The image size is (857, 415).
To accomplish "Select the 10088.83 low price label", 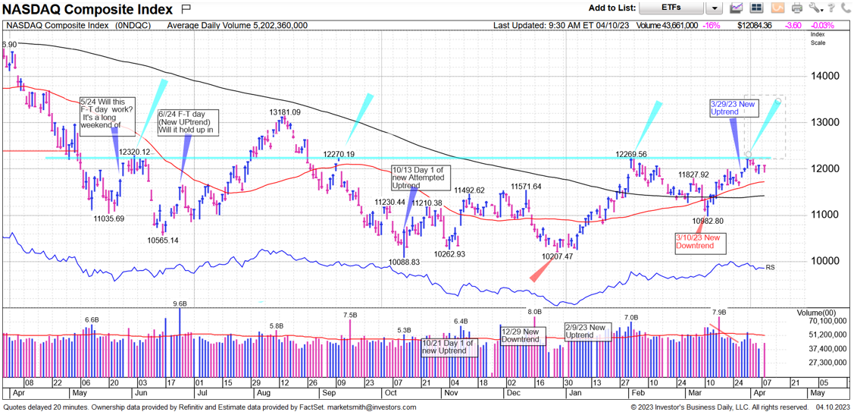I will pyautogui.click(x=404, y=263).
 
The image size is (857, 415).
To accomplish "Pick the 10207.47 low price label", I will pyautogui.click(x=557, y=257).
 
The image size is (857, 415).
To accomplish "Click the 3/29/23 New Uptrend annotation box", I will pyautogui.click(x=733, y=108).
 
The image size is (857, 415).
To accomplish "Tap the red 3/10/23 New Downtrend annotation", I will pyautogui.click(x=699, y=242).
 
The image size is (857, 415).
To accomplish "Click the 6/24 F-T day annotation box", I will pyautogui.click(x=185, y=122).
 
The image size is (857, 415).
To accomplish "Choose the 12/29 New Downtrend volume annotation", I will pyautogui.click(x=520, y=335).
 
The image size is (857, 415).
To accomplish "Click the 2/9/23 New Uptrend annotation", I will pyautogui.click(x=587, y=332).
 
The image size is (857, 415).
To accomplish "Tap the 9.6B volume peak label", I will pyautogui.click(x=180, y=304).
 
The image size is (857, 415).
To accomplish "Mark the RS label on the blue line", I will pyautogui.click(x=770, y=268).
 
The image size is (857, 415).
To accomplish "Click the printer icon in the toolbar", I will pyautogui.click(x=796, y=8).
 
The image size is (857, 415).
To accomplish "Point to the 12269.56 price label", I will pyautogui.click(x=631, y=154).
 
